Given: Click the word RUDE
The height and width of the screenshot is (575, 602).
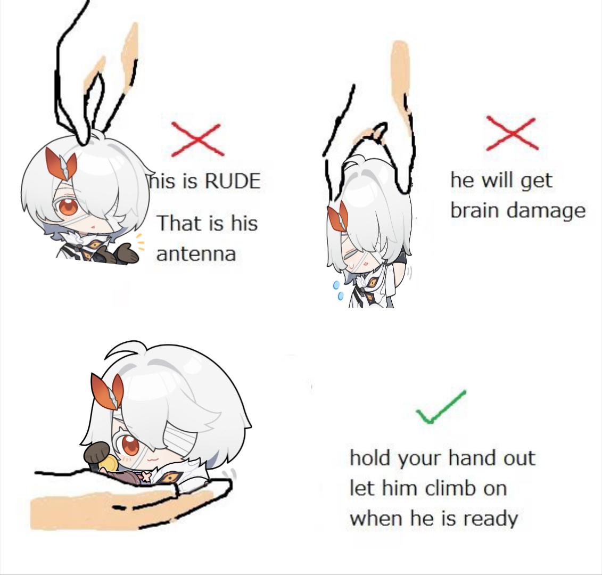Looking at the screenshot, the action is click(233, 181).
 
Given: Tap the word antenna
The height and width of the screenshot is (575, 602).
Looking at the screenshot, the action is click(196, 254).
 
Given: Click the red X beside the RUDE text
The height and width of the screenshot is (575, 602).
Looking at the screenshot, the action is click(197, 139).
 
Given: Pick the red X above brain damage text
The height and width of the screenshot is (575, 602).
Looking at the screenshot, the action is click(512, 133).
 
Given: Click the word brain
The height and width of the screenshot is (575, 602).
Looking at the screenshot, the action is click(475, 210).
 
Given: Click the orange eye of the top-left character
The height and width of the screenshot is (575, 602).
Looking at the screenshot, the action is click(68, 208).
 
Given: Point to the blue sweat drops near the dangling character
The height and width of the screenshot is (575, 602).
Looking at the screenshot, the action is click(338, 290).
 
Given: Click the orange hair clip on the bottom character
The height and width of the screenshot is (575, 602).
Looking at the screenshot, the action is click(108, 391).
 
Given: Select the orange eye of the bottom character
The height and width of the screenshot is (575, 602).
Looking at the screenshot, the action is click(130, 445).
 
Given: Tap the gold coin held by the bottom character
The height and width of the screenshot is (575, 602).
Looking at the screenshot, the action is click(107, 464).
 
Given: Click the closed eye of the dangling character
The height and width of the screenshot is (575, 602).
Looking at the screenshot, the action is click(350, 254).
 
